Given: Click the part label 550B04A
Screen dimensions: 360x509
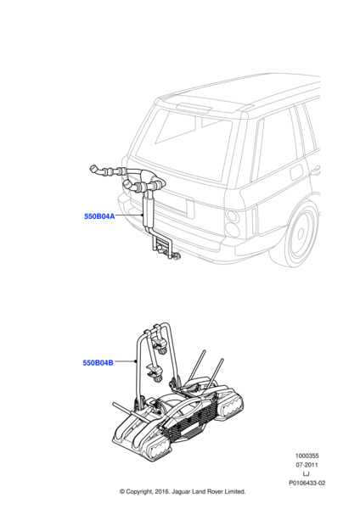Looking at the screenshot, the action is pyautogui.click(x=99, y=216).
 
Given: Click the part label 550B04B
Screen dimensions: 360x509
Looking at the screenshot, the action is pyautogui.click(x=98, y=362).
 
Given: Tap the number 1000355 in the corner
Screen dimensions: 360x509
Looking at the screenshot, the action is pyautogui.click(x=307, y=456).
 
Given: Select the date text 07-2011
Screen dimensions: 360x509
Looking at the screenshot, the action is pyautogui.click(x=307, y=465).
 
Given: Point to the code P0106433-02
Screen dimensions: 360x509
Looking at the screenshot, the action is pyautogui.click(x=307, y=483).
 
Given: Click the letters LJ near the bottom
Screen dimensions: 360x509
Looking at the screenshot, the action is pyautogui.click(x=306, y=474).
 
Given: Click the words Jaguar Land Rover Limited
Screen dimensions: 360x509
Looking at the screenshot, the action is pyautogui.click(x=209, y=491).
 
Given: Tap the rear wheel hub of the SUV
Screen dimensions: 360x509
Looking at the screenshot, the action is pyautogui.click(x=301, y=232).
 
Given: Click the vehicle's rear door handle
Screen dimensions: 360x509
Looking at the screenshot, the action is pyautogui.click(x=315, y=170).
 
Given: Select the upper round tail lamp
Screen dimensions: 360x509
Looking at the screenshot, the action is pyautogui.click(x=233, y=215).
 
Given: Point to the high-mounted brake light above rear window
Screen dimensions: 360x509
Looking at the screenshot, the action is pyautogui.click(x=194, y=108).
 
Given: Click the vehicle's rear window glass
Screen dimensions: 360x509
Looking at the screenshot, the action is pyautogui.click(x=183, y=144).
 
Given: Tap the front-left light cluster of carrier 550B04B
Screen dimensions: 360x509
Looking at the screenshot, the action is pyautogui.click(x=160, y=450).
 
